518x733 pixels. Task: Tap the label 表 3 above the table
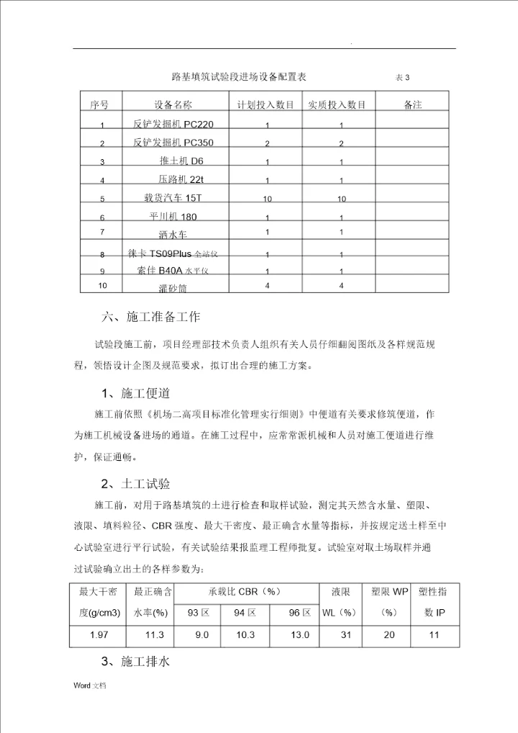(x=403, y=78)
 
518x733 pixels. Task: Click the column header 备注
(x=413, y=105)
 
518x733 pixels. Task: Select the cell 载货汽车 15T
(x=174, y=197)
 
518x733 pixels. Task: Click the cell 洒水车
(x=173, y=234)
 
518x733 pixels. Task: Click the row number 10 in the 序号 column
(x=102, y=286)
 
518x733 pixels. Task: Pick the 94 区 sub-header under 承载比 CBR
(x=245, y=613)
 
